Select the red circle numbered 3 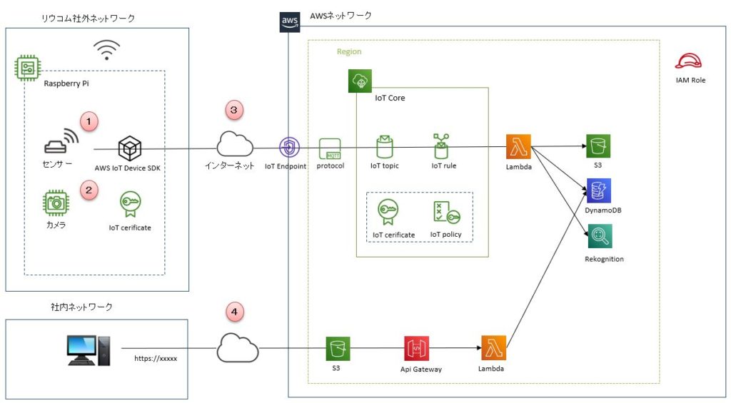235,110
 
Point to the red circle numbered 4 235,312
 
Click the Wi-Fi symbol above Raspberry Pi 107,50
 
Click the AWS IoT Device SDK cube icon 130,148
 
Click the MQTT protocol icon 331,148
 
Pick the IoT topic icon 385,147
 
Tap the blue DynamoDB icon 598,191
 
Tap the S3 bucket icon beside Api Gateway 338,350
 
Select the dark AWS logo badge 289,22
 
